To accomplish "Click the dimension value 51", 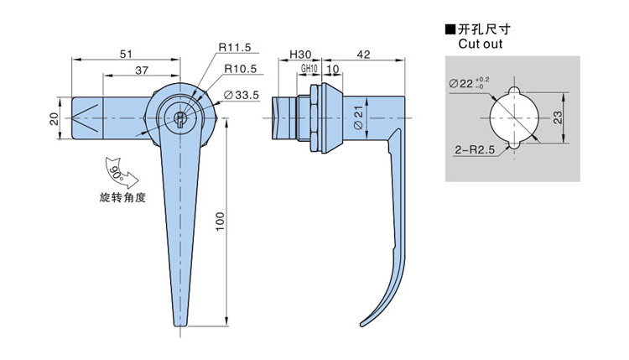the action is [x=126, y=54].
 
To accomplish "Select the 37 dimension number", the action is [x=142, y=70].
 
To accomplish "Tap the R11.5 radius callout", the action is [x=235, y=47].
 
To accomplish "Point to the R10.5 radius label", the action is [x=241, y=69].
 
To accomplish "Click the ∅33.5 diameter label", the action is [x=241, y=95].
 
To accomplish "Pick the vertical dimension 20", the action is [x=55, y=119].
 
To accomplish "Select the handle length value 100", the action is [x=221, y=222].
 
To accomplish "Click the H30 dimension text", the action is [x=300, y=55].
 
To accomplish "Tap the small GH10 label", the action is [x=309, y=69].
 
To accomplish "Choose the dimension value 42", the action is [x=363, y=55].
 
